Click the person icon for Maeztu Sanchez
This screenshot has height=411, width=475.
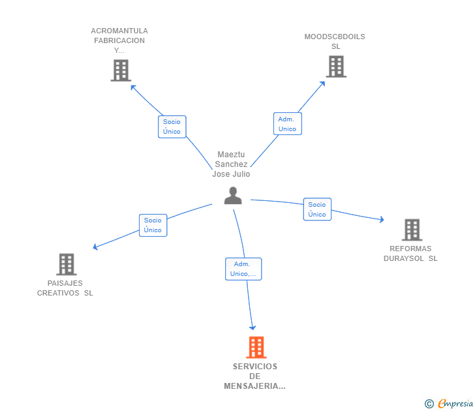(233, 195)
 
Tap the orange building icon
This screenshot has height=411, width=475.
(256, 347)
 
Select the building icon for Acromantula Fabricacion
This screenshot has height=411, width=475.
(121, 70)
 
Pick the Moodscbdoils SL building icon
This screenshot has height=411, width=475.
(335, 67)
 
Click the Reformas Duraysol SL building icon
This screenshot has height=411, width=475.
(412, 230)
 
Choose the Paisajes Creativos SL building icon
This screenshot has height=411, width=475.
(66, 264)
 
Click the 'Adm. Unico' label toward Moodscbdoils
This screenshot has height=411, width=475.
(287, 124)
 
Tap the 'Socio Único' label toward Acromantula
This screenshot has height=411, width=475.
(172, 127)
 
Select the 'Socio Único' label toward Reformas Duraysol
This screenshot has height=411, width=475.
(317, 209)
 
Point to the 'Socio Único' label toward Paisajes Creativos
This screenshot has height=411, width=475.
(153, 225)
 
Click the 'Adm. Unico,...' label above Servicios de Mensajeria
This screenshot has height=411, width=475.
(243, 269)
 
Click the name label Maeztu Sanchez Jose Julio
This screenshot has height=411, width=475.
(231, 164)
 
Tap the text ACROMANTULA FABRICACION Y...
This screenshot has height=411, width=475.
(119, 40)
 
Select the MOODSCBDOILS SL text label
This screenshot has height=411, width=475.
(335, 41)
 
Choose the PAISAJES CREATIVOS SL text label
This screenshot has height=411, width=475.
(65, 288)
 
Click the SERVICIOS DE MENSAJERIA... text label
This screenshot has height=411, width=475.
(254, 376)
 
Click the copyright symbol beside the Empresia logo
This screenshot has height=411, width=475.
(429, 404)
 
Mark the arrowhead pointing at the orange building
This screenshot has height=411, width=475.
(253, 327)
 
